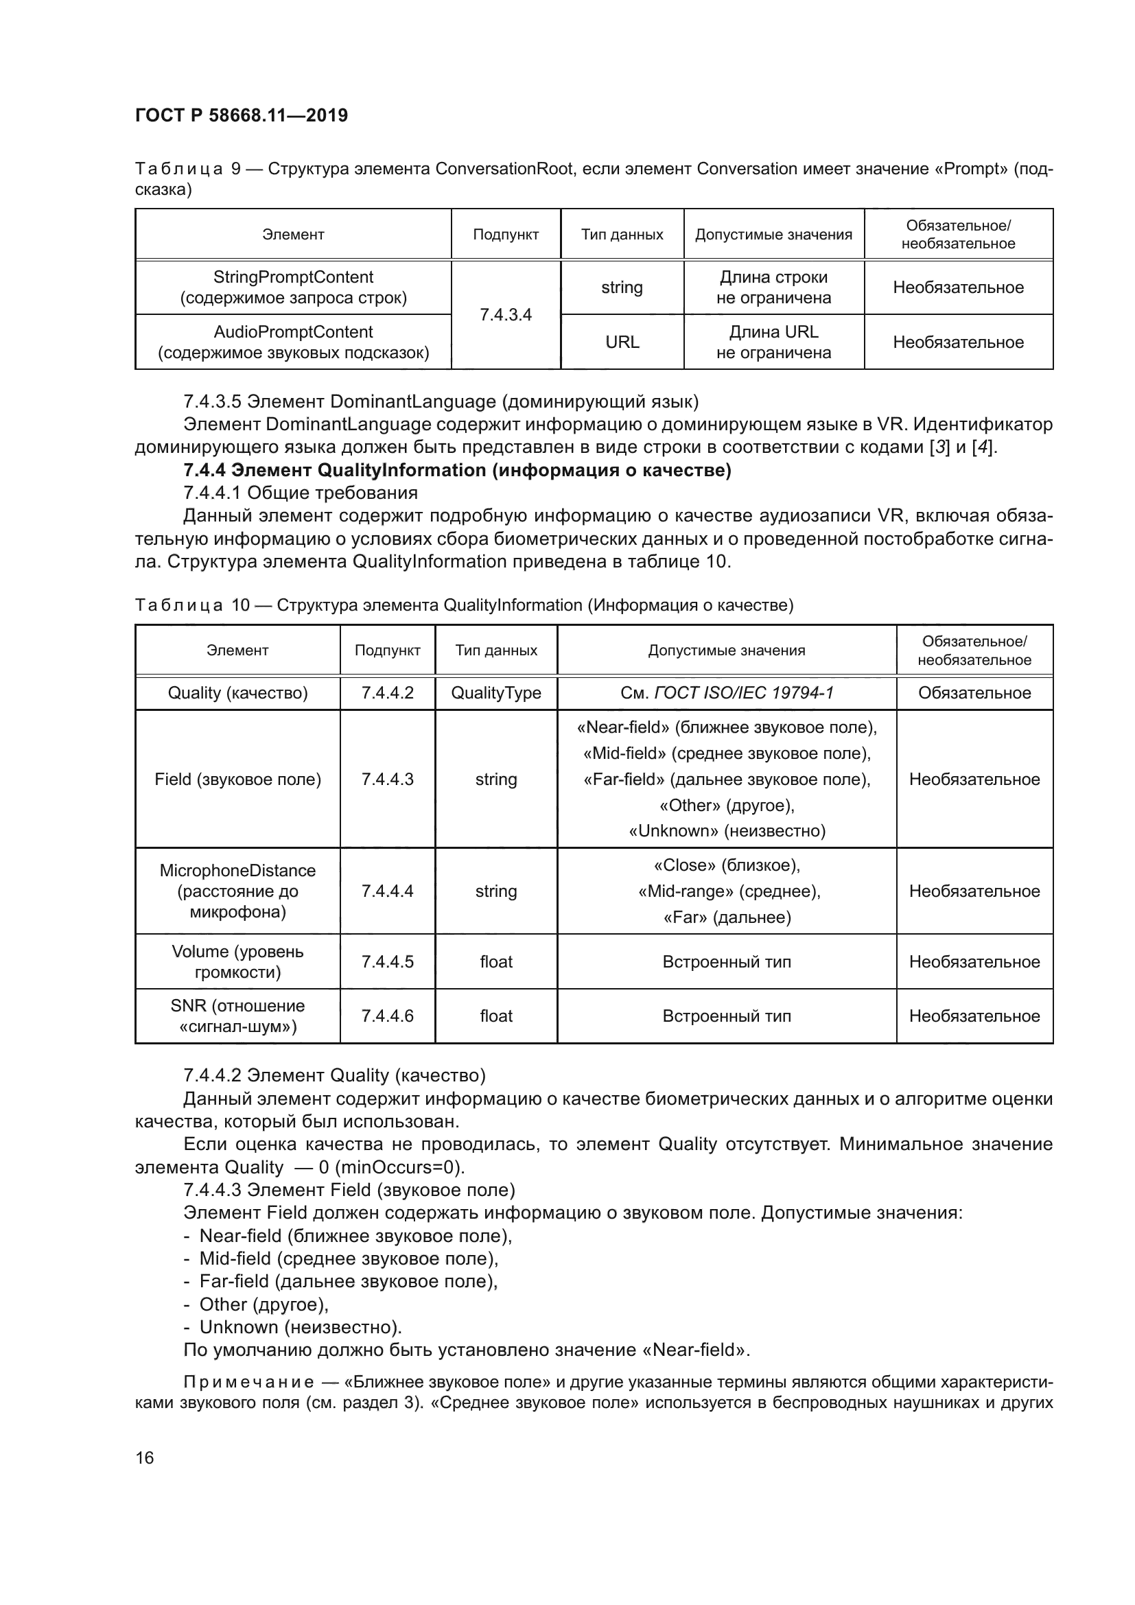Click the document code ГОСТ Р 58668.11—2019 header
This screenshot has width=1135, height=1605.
coord(241,115)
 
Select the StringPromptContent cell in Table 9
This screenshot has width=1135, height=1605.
coord(293,288)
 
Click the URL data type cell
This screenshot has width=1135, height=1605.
coord(621,342)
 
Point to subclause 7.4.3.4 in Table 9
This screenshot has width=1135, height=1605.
coord(505,314)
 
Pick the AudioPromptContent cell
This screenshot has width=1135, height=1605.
coord(293,342)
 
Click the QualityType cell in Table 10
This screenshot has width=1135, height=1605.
coord(495,693)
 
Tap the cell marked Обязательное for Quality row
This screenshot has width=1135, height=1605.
coord(974,693)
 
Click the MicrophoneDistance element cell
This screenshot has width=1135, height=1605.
coord(237,891)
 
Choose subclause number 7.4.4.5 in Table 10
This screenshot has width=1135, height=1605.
coord(387,961)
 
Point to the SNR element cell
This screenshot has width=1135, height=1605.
coord(237,1016)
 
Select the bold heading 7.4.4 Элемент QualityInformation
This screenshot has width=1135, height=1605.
coord(457,470)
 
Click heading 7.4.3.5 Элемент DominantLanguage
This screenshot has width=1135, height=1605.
coord(441,401)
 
